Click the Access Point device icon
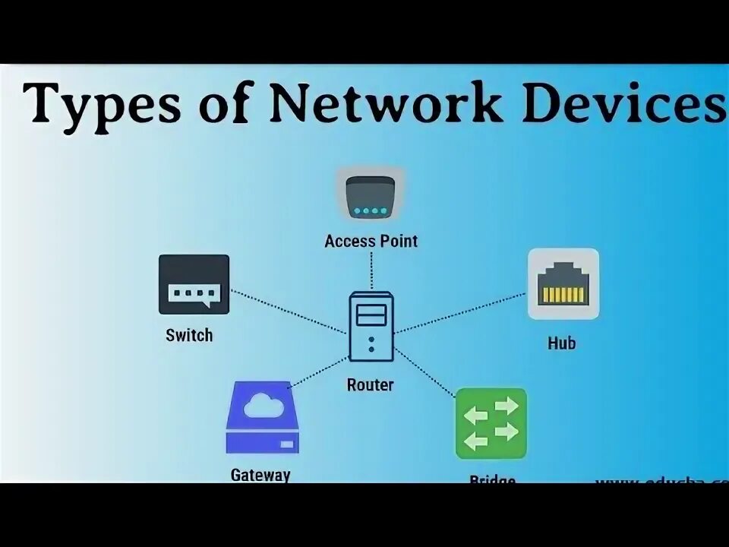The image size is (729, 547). (x=371, y=197)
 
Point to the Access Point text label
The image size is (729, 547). (x=371, y=242)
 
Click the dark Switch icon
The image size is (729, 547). (x=194, y=284)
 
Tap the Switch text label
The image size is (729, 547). (x=189, y=335)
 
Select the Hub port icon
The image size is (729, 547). (x=563, y=283)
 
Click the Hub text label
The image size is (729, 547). (x=562, y=343)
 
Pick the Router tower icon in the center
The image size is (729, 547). (x=371, y=327)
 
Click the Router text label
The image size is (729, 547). (x=371, y=385)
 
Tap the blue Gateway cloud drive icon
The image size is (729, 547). (x=263, y=417)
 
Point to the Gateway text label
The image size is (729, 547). (x=260, y=476)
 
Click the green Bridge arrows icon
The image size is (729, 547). (x=491, y=423)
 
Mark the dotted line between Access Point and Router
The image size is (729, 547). (x=371, y=271)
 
